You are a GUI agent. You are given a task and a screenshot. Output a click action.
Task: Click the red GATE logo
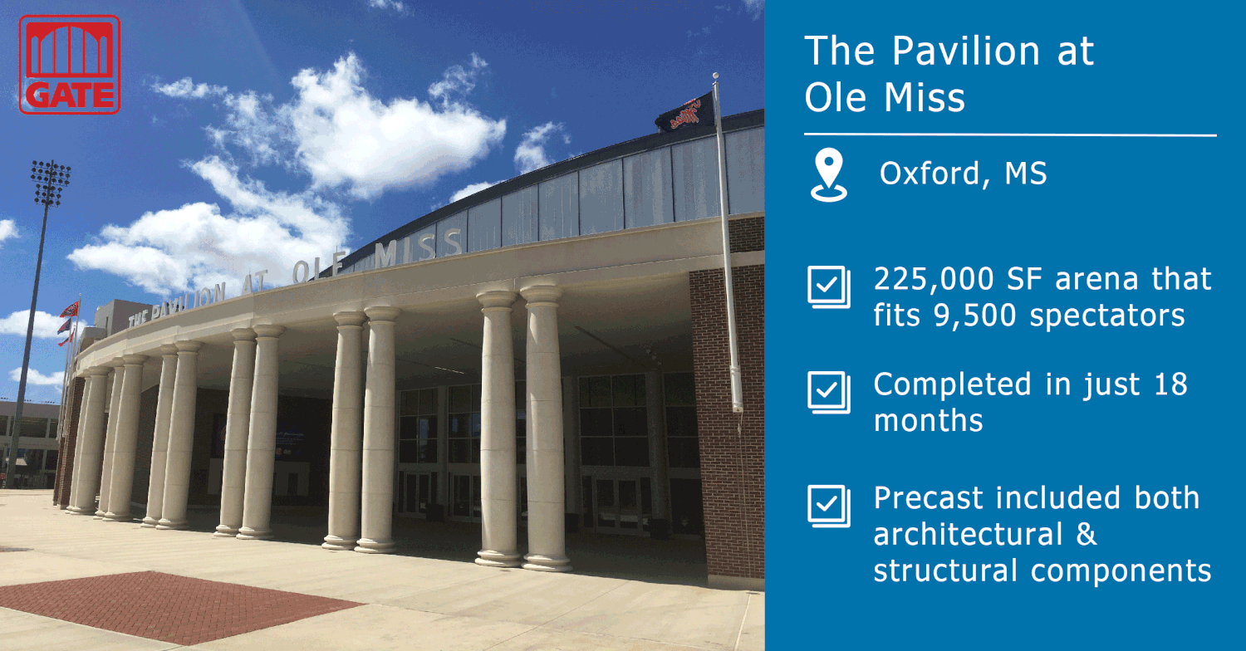tap(70, 64)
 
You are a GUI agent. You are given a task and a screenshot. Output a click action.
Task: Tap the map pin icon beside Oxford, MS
tap(828, 175)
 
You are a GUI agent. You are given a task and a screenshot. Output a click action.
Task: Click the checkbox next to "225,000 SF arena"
tap(828, 287)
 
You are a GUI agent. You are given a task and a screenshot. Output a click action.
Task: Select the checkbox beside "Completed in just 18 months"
tap(828, 392)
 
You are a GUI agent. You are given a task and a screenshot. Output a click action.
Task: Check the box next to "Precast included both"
tap(828, 506)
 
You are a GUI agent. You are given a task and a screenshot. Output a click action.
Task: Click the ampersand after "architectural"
tap(1086, 535)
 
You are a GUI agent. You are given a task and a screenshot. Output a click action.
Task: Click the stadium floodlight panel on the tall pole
tap(50, 183)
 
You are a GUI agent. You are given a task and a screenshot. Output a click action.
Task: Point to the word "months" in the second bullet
tap(928, 420)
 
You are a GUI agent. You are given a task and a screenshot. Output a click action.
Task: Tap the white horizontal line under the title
tap(1009, 135)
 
